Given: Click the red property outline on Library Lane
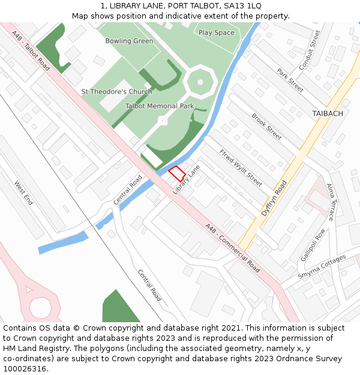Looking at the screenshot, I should [x=176, y=174].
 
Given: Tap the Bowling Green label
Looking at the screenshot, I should [x=129, y=41].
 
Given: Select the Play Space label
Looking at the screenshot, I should [x=216, y=33].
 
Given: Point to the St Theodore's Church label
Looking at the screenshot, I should [x=116, y=92].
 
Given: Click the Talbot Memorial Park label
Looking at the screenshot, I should [x=159, y=106].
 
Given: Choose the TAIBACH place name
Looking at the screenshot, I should [x=328, y=113].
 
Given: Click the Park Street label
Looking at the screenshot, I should [x=290, y=80].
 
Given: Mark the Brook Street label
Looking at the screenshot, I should [x=266, y=127].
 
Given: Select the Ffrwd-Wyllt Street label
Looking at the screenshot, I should [x=241, y=167].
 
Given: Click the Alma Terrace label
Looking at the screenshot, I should [x=331, y=202].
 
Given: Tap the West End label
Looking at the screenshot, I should [x=23, y=193].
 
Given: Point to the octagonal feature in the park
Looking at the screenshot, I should [x=199, y=82].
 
